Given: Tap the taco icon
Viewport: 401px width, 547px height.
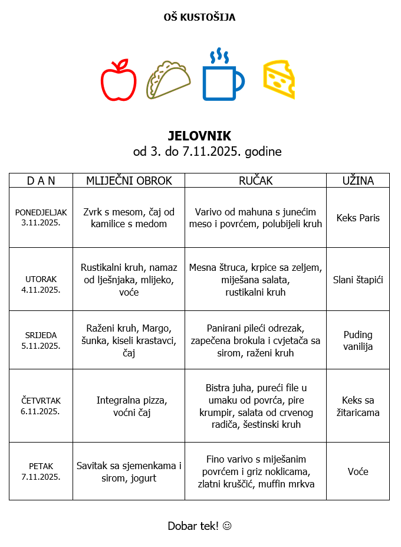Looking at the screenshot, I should (169, 80).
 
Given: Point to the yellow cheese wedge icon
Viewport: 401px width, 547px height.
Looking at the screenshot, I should (279, 79).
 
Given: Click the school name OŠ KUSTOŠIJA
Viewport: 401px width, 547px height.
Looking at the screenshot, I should (199, 18).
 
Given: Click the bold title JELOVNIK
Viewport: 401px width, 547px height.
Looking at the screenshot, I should (199, 136).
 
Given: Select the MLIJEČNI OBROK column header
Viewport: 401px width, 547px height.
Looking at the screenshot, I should (129, 181).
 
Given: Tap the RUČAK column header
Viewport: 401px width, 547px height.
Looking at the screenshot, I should (255, 181).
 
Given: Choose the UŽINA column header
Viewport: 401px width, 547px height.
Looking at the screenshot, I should (358, 181).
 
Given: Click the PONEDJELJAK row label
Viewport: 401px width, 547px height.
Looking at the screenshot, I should (41, 212).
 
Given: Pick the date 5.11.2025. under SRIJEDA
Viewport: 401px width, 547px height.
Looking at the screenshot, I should (41, 346).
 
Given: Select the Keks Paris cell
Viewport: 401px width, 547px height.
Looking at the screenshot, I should (358, 218).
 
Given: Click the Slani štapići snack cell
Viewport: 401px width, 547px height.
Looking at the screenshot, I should (358, 280).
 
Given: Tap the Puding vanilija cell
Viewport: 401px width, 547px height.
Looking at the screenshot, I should (358, 340).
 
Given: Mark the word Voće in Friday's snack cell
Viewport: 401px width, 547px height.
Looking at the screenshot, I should (358, 471).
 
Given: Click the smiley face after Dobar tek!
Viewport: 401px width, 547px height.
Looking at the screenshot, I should (227, 525).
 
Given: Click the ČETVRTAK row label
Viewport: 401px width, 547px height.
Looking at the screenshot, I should (41, 401).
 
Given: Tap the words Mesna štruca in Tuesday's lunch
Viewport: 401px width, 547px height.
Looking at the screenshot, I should (214, 267).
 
